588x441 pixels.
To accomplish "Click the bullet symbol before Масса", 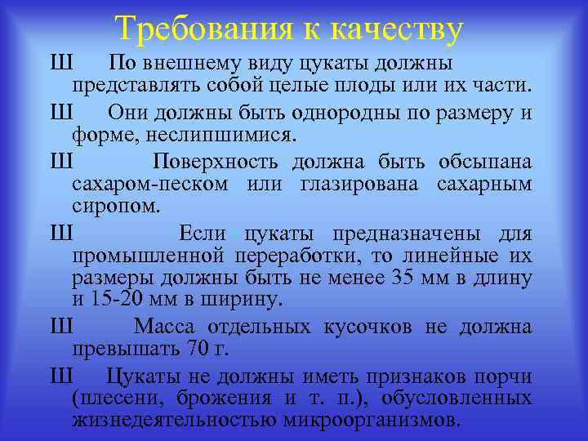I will [x=61, y=327].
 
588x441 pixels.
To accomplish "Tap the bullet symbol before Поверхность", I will [x=61, y=158].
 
